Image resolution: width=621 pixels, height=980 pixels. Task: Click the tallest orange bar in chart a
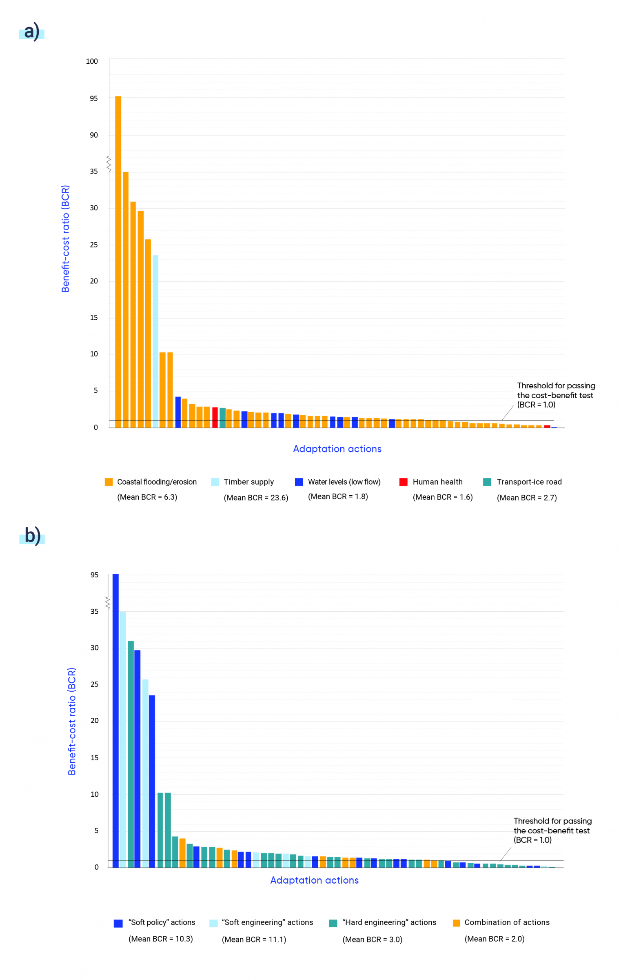tap(118, 261)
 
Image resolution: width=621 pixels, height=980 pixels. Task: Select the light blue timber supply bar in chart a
tap(155, 341)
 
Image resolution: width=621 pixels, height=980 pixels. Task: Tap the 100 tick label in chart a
tap(92, 61)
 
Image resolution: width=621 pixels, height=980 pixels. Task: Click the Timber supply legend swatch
tap(215, 482)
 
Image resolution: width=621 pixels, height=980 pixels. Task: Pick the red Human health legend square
tap(404, 482)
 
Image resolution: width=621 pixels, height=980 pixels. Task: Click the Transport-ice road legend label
tap(529, 482)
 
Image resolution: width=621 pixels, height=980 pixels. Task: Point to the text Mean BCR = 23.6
tap(256, 498)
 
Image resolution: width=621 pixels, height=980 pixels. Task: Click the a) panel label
tap(32, 32)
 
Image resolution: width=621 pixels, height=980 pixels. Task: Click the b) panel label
tap(32, 535)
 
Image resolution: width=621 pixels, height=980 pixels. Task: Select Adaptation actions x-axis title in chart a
tap(337, 449)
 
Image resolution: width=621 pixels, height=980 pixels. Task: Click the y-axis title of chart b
tap(72, 722)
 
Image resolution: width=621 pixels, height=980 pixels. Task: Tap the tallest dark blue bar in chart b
tap(115, 721)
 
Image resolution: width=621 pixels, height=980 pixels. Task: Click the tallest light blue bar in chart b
tap(123, 739)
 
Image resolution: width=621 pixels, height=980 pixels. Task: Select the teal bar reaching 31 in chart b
tap(131, 754)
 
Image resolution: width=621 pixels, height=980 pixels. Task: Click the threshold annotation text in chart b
tap(552, 831)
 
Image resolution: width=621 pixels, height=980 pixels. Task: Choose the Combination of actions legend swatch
tap(457, 923)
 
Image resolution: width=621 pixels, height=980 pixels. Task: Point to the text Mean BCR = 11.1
tap(254, 940)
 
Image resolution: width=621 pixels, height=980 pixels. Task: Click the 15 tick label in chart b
tap(94, 758)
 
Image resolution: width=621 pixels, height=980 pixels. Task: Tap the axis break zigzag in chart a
tap(109, 164)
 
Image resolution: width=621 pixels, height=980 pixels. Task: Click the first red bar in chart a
tap(215, 417)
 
